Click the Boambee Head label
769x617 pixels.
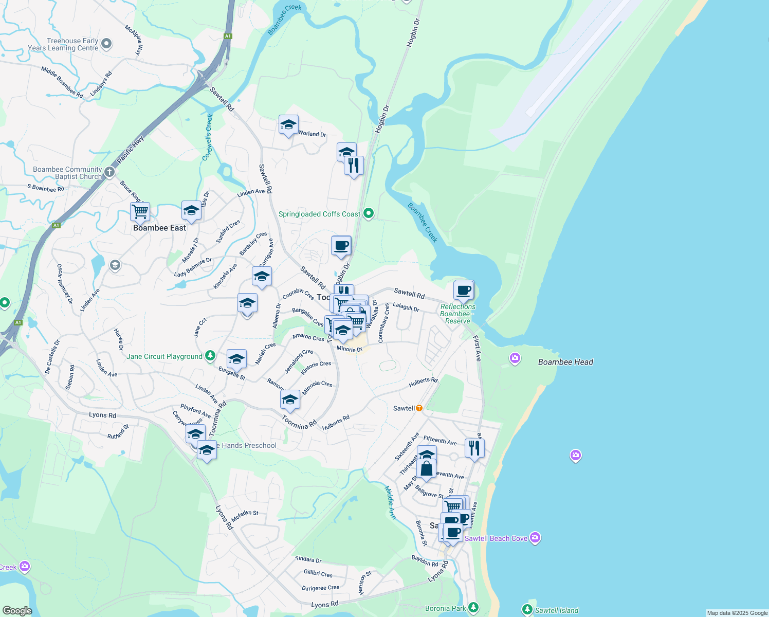pyautogui.click(x=565, y=362)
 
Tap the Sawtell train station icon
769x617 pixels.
pyautogui.click(x=419, y=408)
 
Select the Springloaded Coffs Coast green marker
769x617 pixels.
pyautogui.click(x=368, y=213)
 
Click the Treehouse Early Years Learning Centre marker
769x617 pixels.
pyautogui.click(x=106, y=44)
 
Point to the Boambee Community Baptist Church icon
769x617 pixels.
pyautogui.click(x=109, y=172)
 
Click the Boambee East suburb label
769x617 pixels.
pyautogui.click(x=159, y=228)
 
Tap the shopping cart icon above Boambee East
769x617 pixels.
pyautogui.click(x=140, y=211)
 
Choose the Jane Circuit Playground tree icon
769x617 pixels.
pyautogui.click(x=210, y=356)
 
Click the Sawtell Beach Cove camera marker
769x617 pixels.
pyautogui.click(x=535, y=538)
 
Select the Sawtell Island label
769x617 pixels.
pyautogui.click(x=557, y=610)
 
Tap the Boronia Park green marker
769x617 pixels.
pyautogui.click(x=473, y=608)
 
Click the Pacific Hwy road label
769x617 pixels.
pyautogui.click(x=131, y=150)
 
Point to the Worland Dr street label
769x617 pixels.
pyautogui.click(x=312, y=134)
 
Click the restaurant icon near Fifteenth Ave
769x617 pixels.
pyautogui.click(x=474, y=448)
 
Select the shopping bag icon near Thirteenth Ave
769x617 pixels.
pyautogui.click(x=426, y=469)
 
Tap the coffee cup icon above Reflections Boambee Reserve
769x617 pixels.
pyautogui.click(x=464, y=290)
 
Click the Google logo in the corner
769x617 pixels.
pyautogui.click(x=17, y=610)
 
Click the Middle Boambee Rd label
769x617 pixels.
pyautogui.click(x=62, y=82)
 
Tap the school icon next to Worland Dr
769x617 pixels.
pyautogui.click(x=288, y=125)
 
